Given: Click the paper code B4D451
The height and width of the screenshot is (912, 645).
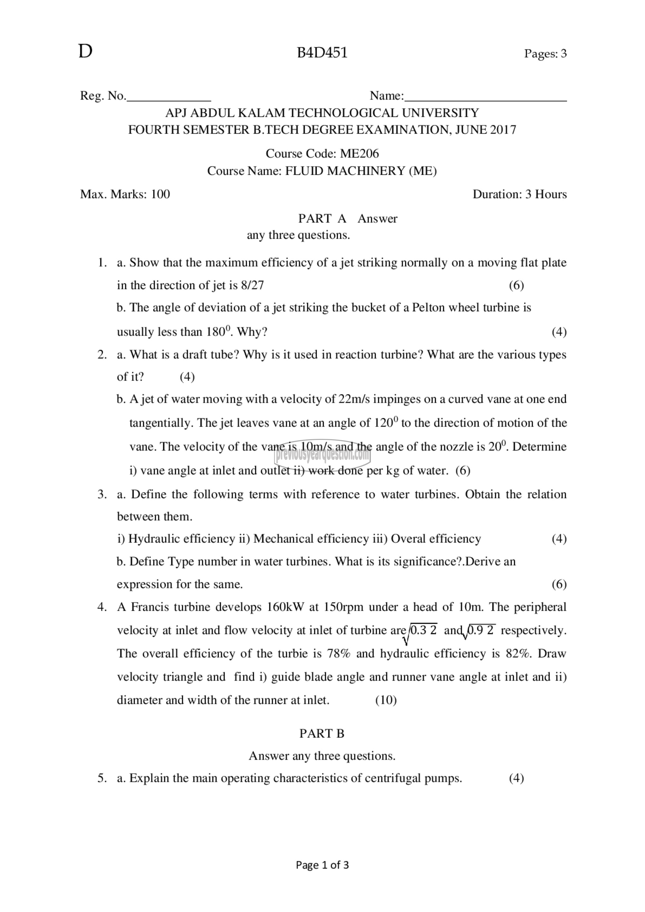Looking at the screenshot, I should click(x=322, y=53).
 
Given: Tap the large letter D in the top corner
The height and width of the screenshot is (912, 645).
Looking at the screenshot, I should click(x=85, y=52).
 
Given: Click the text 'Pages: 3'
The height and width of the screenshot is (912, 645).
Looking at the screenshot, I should click(x=545, y=54).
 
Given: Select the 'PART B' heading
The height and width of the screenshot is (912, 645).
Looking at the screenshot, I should click(x=322, y=733).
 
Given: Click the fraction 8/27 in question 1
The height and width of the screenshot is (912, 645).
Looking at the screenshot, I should click(x=252, y=285).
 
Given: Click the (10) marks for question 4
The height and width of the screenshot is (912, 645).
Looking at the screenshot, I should click(x=386, y=700).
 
